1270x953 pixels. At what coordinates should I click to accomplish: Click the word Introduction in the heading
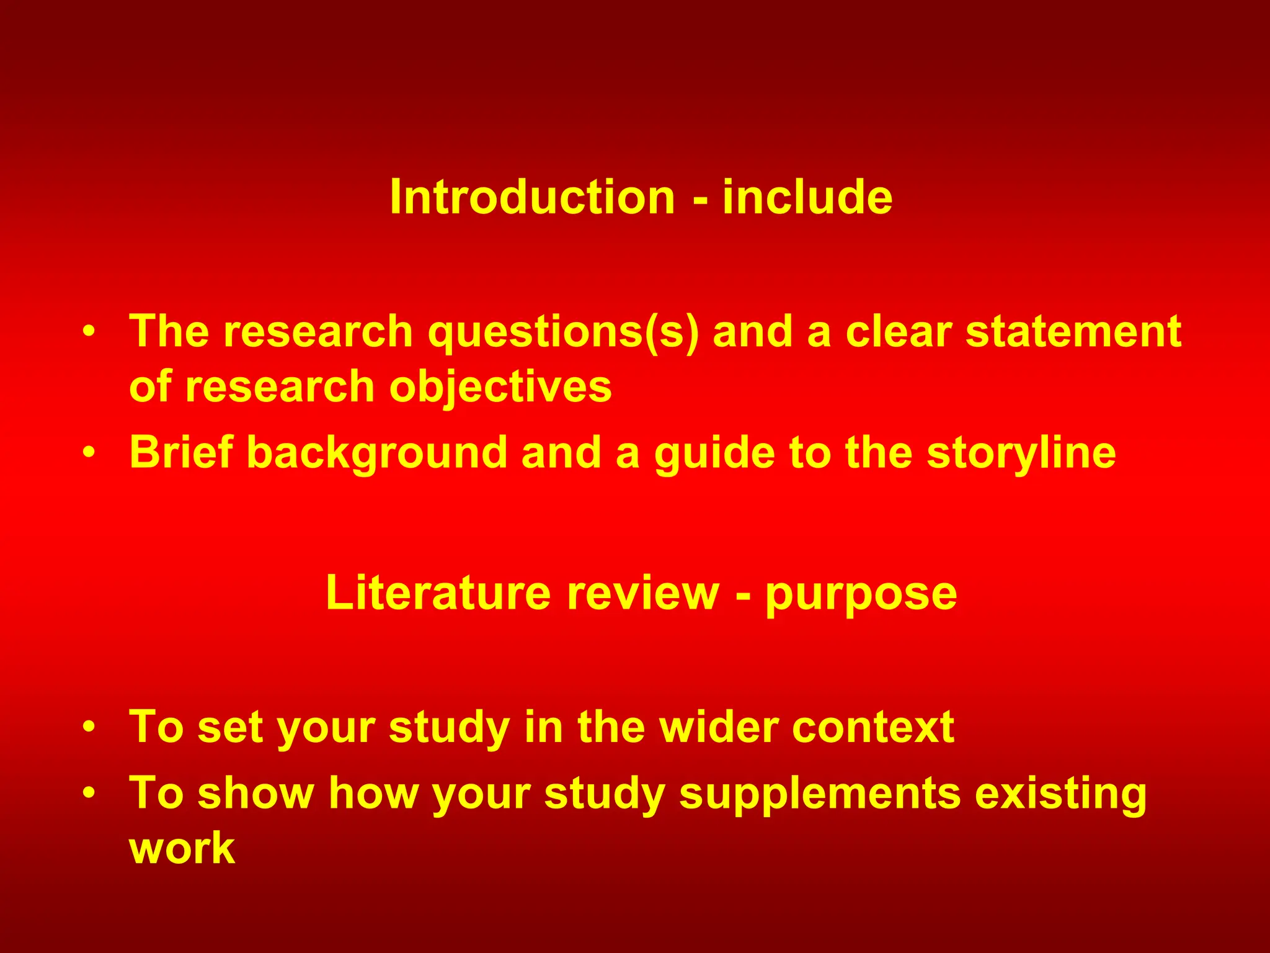point(532,197)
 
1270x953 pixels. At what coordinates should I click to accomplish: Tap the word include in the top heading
point(807,197)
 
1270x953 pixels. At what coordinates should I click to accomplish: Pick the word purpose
point(861,594)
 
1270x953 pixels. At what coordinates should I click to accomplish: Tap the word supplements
point(820,794)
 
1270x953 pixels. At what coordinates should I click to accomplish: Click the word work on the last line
point(182,848)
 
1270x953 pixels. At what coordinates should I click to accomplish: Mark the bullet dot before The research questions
point(89,331)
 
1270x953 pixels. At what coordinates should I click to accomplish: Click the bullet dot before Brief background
point(89,452)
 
